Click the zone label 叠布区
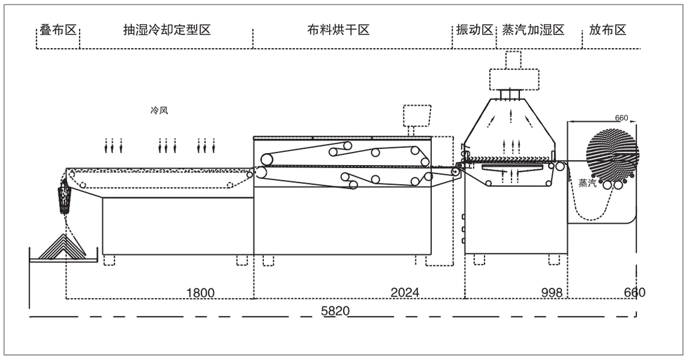point(58,30)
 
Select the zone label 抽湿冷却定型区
point(167,30)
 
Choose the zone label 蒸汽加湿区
point(533,30)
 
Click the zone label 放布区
point(607,30)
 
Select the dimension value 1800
point(200,293)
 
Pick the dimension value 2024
point(405,293)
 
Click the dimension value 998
point(552,293)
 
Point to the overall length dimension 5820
point(334,311)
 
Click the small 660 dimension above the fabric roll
point(621,118)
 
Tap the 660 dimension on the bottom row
point(634,293)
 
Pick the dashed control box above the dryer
point(417,116)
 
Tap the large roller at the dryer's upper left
point(265,159)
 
